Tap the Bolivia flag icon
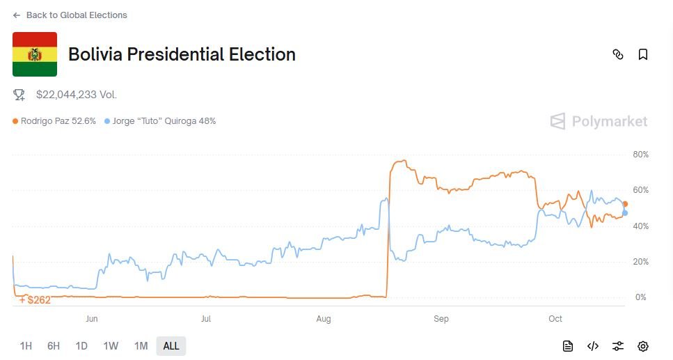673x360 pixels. (x=35, y=54)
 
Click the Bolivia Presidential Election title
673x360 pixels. (x=182, y=54)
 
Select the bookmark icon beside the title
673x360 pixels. (x=643, y=54)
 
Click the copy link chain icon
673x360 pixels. (x=618, y=54)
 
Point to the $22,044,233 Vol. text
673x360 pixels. (x=76, y=94)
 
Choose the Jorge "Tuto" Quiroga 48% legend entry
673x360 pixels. (x=160, y=121)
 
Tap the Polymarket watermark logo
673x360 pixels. (x=599, y=122)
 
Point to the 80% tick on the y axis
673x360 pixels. (x=640, y=154)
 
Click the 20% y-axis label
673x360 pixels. (x=640, y=262)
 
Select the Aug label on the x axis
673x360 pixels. (x=323, y=319)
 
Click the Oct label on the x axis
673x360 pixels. (x=555, y=319)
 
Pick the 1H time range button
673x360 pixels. (x=26, y=346)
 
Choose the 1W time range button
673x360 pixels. (x=111, y=346)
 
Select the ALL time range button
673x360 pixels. (x=171, y=346)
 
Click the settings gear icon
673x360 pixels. (x=643, y=346)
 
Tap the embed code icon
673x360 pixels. (x=593, y=346)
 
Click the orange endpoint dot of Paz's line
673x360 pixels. (x=625, y=204)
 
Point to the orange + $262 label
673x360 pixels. (x=35, y=300)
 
